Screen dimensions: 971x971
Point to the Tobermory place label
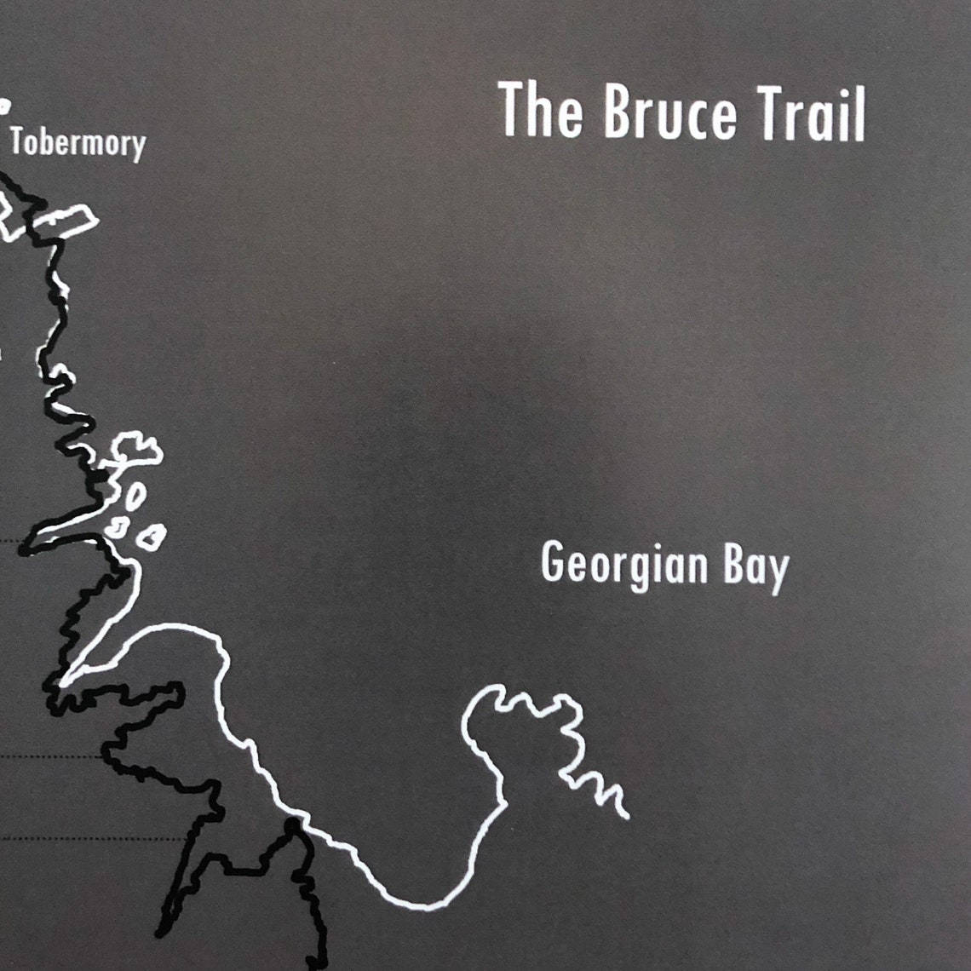tap(78, 143)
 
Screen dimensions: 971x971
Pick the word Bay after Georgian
tap(756, 568)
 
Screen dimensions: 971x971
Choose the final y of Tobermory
tap(138, 148)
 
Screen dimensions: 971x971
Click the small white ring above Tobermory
tap(4, 106)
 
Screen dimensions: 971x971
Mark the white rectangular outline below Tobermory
tap(66, 221)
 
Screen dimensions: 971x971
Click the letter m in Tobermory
tap(94, 145)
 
